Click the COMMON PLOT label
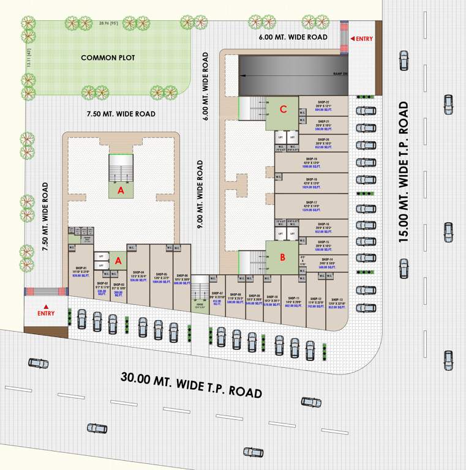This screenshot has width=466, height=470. pos(108,58)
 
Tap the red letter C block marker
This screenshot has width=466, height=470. pos(282,110)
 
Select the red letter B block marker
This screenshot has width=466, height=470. pos(282,258)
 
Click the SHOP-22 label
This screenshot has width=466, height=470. pos(323,102)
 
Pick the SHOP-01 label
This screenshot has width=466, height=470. pos(81,268)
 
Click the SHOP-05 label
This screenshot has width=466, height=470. pos(162,274)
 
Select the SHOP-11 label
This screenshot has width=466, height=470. pos(293,297)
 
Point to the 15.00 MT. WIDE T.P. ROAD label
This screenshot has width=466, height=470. pos(404,172)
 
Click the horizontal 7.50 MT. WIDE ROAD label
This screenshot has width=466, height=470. pos(121,114)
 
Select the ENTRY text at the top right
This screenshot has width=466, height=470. pos(364,39)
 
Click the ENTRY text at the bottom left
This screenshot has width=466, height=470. pos(46,313)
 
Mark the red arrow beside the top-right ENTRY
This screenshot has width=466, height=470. pos(352,39)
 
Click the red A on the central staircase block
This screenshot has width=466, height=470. pos(121,191)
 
